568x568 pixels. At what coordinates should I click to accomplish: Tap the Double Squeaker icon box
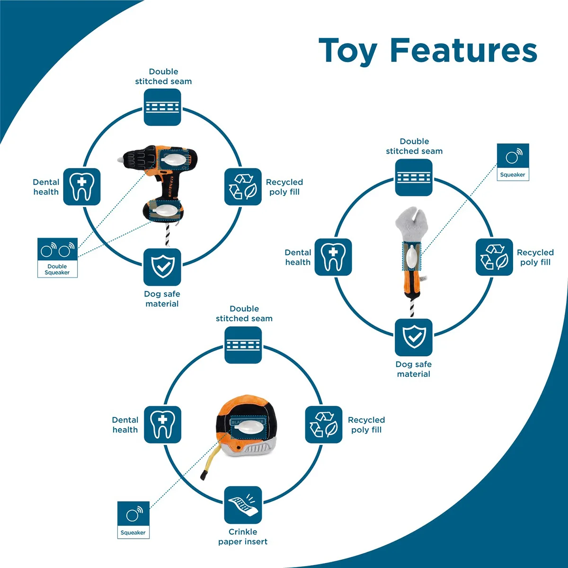57,257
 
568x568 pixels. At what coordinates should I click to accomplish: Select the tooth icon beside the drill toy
82,186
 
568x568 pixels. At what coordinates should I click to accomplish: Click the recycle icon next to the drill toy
243,186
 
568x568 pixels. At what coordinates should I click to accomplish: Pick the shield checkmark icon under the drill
162,267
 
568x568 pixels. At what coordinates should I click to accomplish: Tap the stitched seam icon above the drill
162,107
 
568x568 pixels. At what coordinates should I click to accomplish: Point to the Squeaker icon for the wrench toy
513,162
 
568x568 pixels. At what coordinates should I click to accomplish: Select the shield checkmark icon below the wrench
414,337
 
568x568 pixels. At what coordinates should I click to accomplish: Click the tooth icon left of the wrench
333,257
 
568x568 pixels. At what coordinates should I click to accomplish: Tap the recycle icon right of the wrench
494,257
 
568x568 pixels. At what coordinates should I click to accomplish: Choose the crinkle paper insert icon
243,505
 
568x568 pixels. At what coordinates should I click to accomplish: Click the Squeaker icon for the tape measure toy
133,520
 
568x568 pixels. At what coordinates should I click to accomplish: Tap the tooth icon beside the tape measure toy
162,425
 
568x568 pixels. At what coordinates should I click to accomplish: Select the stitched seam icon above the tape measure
243,345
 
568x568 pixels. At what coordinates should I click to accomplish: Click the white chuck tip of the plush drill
120,160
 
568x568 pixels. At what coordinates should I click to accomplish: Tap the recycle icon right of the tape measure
324,425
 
